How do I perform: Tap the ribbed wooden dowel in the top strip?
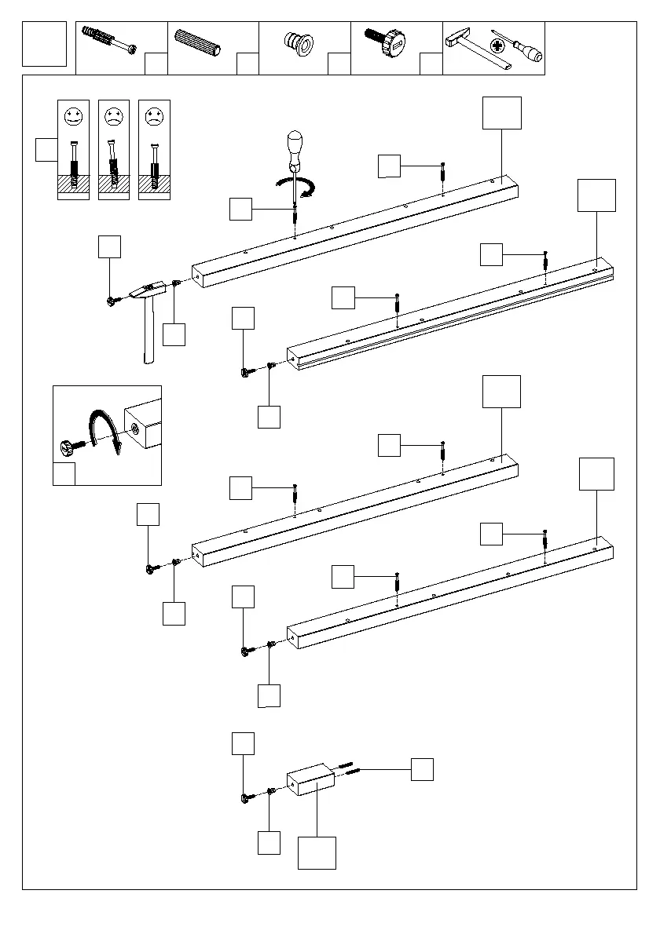coord(200,44)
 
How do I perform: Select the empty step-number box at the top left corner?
coord(45,44)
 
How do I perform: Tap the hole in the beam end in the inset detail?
coord(136,429)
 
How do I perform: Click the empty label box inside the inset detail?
coord(64,474)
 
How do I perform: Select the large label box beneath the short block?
coord(317,852)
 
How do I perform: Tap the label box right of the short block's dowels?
coord(422,769)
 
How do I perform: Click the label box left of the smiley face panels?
coord(46,149)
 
